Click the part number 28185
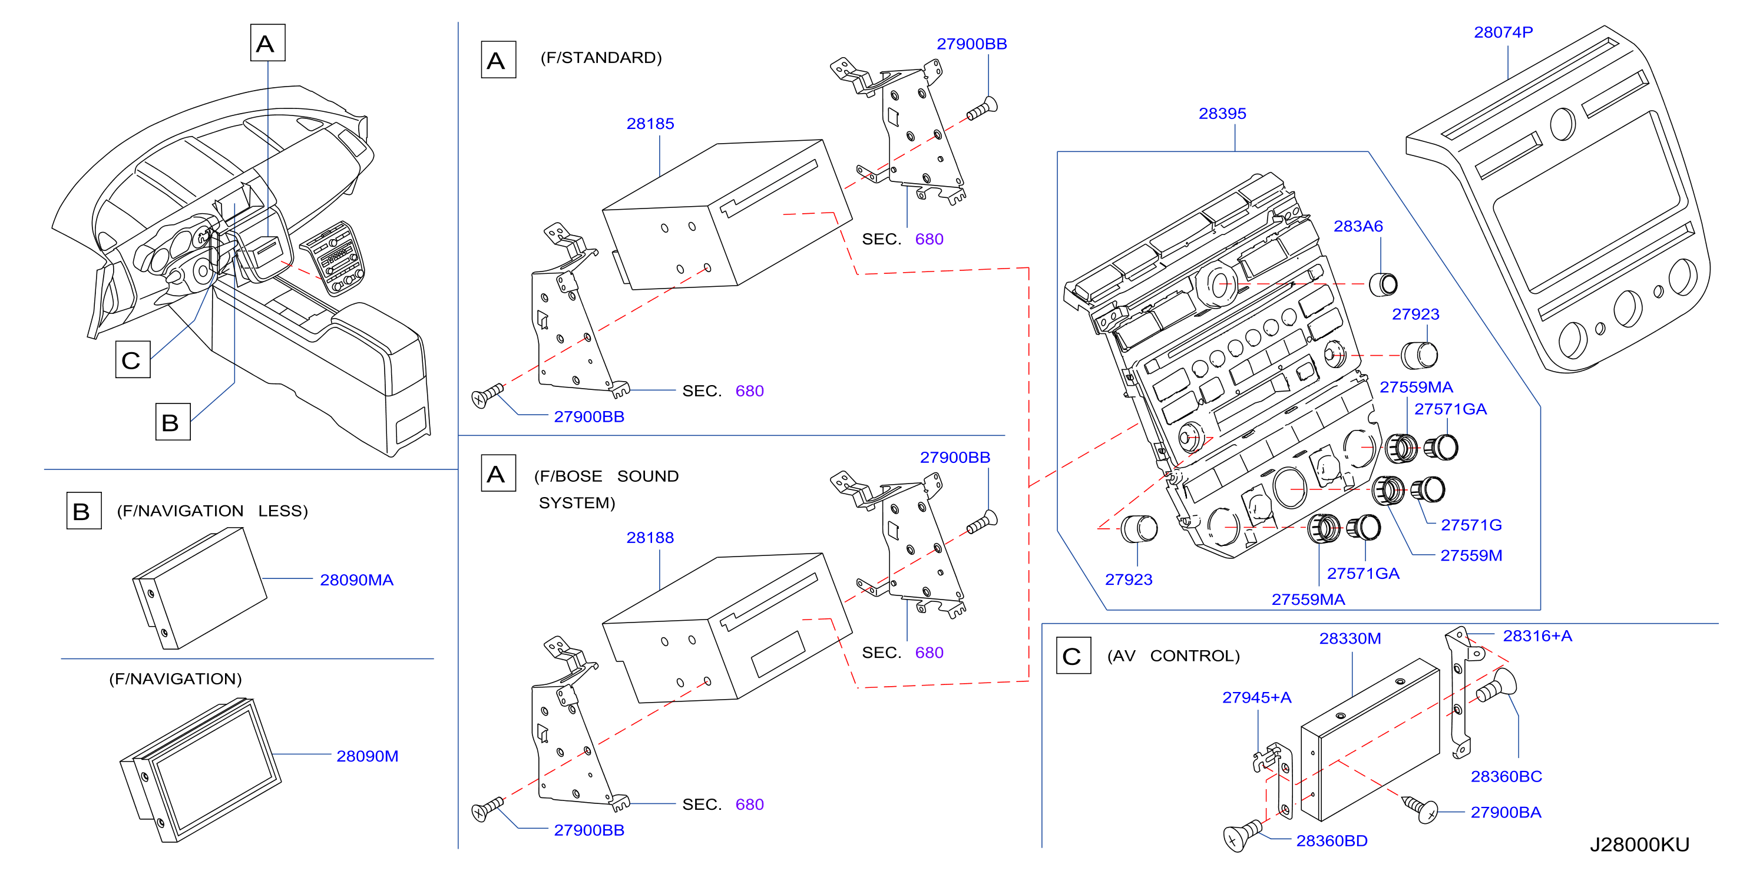coord(650,124)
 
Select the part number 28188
coord(650,538)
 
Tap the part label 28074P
coord(1503,32)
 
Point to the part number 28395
coord(1222,114)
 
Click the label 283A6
coord(1358,227)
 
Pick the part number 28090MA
coord(356,580)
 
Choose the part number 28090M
coord(367,756)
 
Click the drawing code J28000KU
coord(1639,845)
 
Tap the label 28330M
coord(1349,638)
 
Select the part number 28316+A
coord(1537,636)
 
